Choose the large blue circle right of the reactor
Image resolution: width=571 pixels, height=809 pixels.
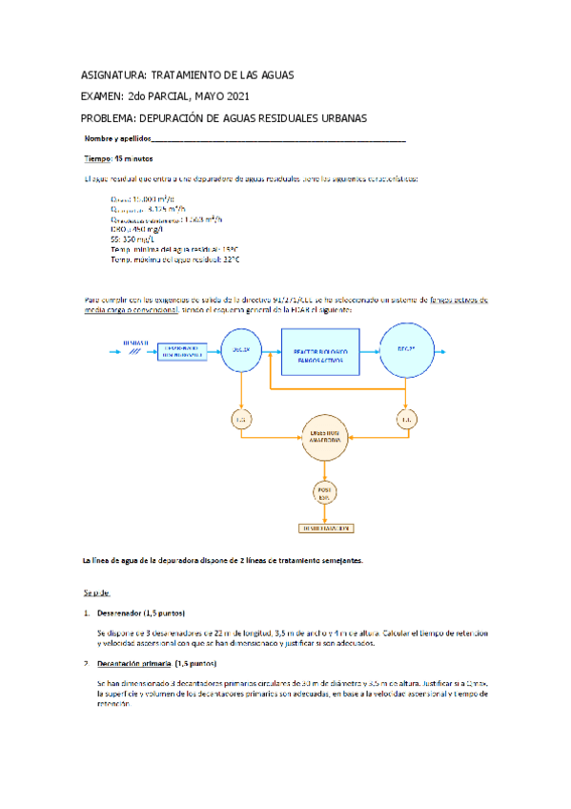(x=407, y=349)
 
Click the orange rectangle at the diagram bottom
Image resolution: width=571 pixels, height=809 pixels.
(x=326, y=528)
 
